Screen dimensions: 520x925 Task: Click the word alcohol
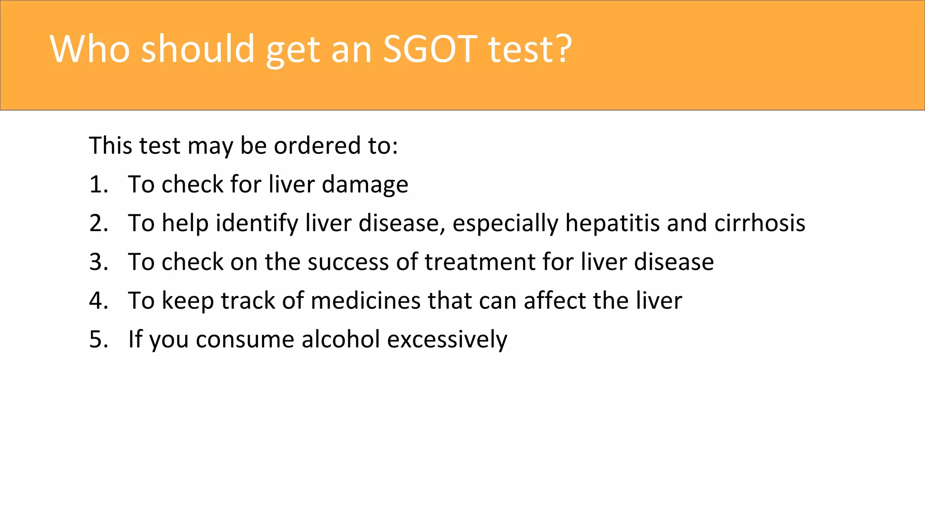[341, 340]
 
